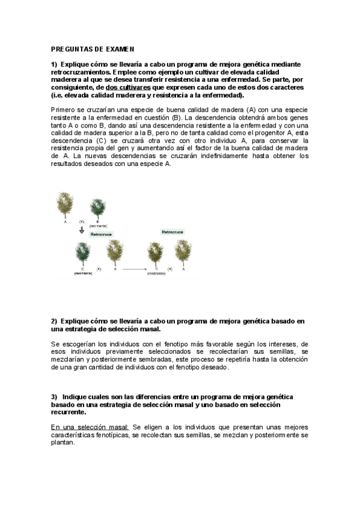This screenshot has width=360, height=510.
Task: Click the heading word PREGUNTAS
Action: (69, 49)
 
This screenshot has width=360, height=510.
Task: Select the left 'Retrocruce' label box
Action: (101, 235)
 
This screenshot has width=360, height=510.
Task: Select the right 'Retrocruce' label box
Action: (172, 232)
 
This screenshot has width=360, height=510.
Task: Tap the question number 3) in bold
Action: (54, 397)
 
